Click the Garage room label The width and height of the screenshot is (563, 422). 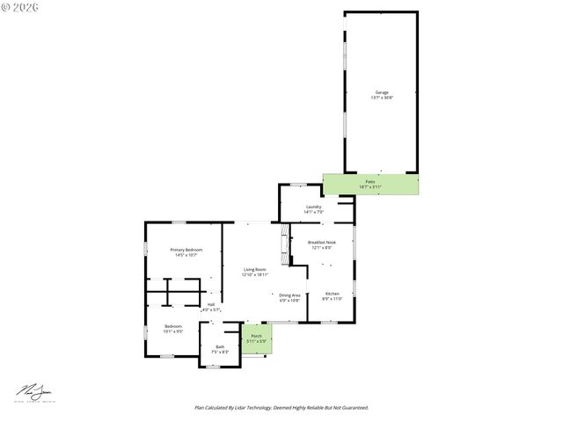tap(382, 92)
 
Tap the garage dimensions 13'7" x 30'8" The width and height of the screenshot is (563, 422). tap(382, 98)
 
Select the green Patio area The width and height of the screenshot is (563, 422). tap(370, 185)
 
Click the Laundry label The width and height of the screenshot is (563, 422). tap(314, 207)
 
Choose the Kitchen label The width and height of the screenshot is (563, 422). tap(332, 293)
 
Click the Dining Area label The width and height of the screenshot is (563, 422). tap(290, 295)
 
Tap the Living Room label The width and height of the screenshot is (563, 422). tap(256, 269)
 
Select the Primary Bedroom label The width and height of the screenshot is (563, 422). tap(186, 250)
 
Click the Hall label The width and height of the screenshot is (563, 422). tap(211, 304)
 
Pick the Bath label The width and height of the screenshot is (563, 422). tap(220, 346)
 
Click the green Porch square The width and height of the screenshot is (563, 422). tap(257, 338)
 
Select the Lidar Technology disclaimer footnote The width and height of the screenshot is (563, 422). tap(281, 407)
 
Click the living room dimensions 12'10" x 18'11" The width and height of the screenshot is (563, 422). tap(256, 274)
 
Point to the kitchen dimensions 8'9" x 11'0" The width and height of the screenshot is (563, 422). tap(332, 298)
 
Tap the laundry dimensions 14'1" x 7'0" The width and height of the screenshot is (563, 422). tap(314, 212)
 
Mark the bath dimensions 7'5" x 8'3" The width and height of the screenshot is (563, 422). tap(220, 352)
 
